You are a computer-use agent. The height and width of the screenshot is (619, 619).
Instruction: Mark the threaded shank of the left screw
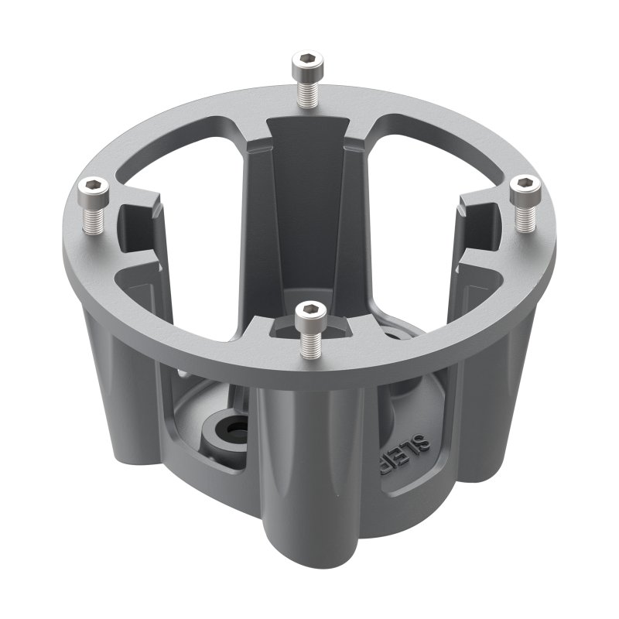94,217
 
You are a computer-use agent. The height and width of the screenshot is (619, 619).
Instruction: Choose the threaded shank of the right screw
525,217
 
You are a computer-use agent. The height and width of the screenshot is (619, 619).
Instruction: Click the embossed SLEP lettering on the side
403,457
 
